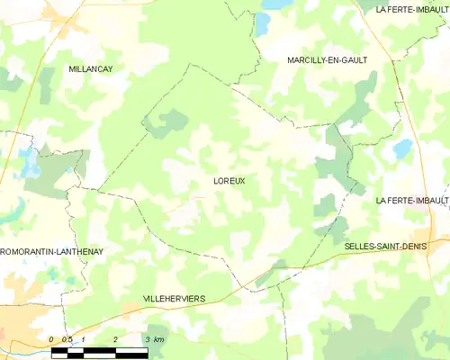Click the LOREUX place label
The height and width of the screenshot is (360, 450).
tap(229, 181)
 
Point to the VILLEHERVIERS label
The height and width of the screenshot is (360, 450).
tap(174, 298)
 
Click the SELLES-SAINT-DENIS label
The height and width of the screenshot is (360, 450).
tap(385, 244)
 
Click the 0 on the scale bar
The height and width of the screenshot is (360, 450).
tap(52, 339)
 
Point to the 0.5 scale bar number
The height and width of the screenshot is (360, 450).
tap(67, 339)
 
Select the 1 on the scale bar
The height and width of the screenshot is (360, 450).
tap(83, 339)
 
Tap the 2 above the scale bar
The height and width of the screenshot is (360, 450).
tap(115, 339)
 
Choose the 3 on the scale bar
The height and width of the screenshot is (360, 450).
tap(147, 339)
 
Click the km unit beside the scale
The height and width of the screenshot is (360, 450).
tap(159, 339)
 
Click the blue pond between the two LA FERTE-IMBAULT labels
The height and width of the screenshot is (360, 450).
tap(402, 148)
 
